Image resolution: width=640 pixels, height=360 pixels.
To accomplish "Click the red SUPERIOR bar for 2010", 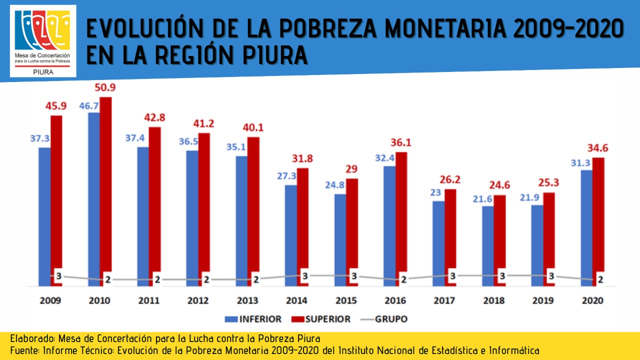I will (105, 190).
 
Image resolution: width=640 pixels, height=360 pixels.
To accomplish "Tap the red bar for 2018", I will (500, 240).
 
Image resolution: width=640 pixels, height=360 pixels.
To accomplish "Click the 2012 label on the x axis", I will (197, 301).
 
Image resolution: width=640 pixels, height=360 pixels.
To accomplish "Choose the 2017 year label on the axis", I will (444, 301).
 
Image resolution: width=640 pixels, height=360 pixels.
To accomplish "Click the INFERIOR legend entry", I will (253, 319).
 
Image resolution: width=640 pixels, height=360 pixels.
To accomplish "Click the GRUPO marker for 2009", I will (58, 275).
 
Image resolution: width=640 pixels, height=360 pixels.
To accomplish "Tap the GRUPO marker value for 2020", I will (600, 279).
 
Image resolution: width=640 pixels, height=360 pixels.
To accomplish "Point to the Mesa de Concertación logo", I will (42, 41).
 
